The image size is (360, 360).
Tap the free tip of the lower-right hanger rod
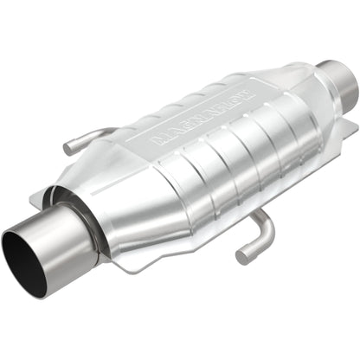click(x=240, y=257)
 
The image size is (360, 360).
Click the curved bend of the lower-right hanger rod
click(x=268, y=227)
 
